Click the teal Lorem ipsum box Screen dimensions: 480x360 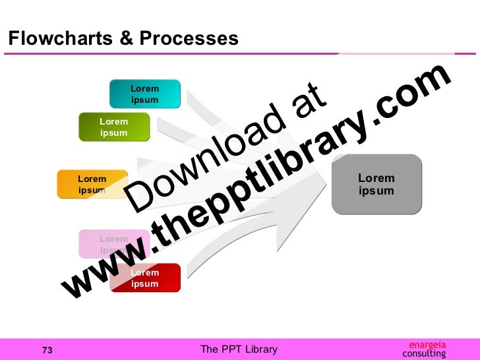click(145, 94)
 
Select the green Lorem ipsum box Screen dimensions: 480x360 click(114, 127)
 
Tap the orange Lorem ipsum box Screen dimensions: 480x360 click(92, 185)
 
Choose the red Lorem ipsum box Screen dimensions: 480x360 click(144, 278)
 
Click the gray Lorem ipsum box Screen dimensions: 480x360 click(376, 185)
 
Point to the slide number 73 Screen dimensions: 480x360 click(47, 350)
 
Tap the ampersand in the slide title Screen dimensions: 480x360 click(126, 39)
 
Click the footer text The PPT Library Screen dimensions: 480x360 click(239, 349)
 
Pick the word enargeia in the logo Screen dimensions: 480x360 click(427, 344)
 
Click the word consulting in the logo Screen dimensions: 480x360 click(424, 354)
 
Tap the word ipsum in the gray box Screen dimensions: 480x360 click(376, 191)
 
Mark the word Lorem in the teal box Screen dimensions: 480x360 click(145, 88)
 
